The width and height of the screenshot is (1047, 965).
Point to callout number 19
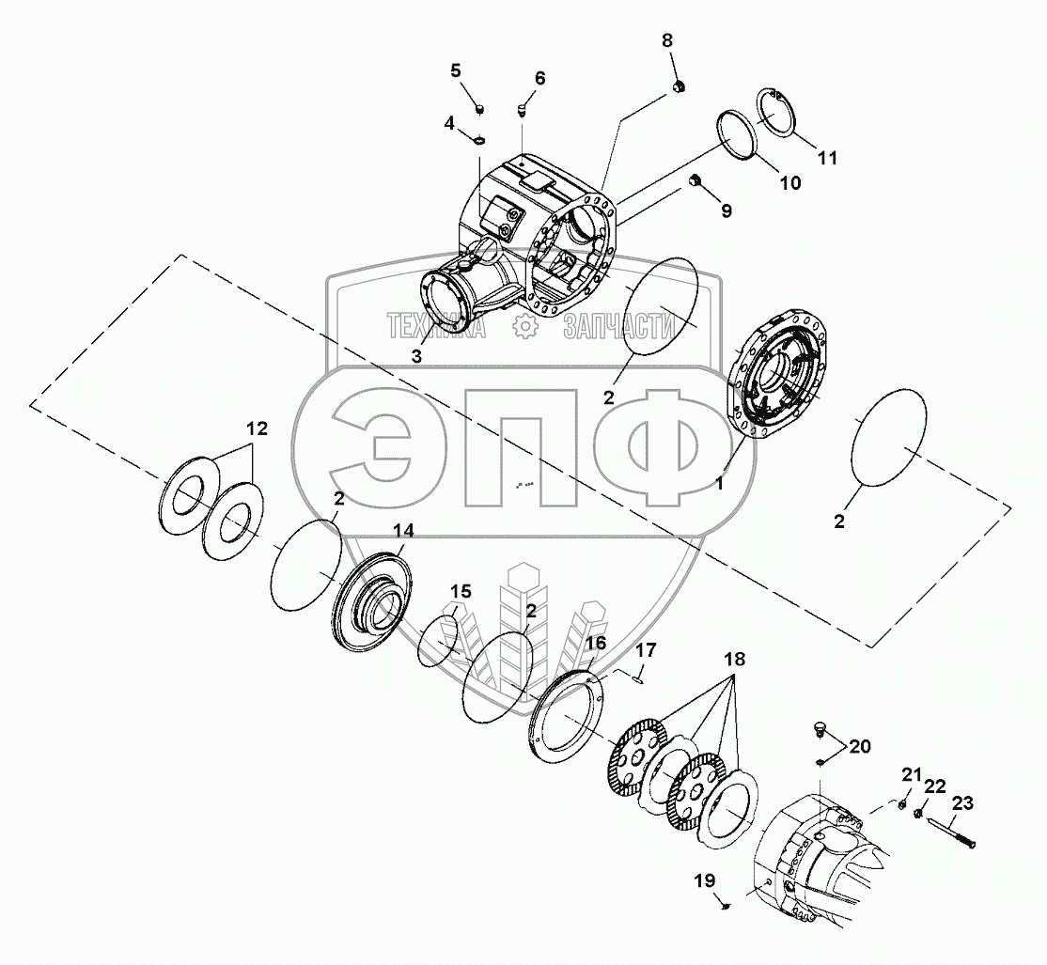coord(705,880)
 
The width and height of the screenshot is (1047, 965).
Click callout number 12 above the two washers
coord(257,429)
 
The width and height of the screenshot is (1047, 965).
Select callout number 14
coord(401,530)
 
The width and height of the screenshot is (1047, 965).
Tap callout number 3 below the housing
coord(417,356)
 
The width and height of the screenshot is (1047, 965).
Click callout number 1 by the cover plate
coord(720,485)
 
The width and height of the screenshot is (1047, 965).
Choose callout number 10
coord(789,183)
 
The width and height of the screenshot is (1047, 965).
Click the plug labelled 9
coord(697,180)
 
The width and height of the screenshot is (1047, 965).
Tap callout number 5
coord(456,70)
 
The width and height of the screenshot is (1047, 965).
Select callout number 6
coord(539,78)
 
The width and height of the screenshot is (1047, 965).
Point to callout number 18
coord(733,660)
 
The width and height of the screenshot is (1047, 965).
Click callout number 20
coord(860,746)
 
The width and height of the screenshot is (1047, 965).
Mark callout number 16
coord(597,643)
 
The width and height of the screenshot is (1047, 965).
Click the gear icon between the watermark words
coord(524,326)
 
